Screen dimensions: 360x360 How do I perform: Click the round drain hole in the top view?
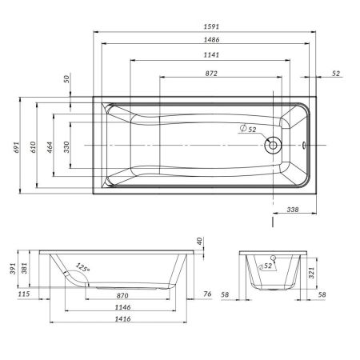(x=274, y=146)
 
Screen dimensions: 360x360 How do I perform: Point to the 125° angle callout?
(x=82, y=268)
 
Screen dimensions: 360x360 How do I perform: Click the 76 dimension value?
(x=206, y=295)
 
